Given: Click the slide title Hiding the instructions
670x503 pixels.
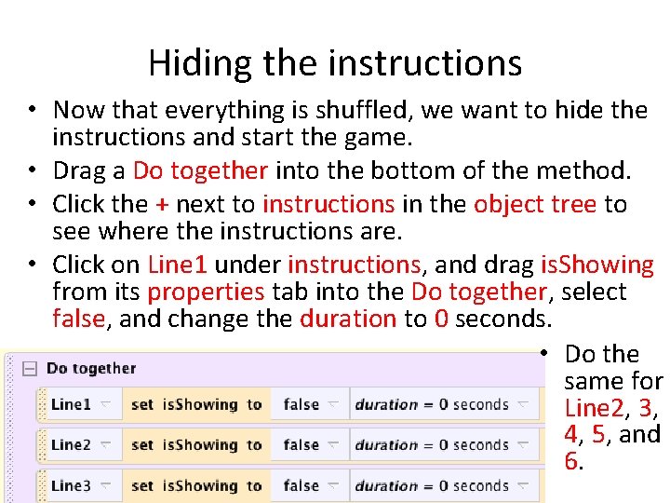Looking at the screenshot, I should (334, 63).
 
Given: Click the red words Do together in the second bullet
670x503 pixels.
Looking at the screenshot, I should (200, 171).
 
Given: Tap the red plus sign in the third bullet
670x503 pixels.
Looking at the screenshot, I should (162, 204).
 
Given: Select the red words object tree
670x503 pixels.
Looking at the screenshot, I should (535, 204).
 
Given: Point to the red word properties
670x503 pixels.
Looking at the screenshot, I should (206, 292).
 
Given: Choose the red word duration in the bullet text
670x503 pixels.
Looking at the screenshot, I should (348, 319).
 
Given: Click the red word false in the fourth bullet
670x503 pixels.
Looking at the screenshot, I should (78, 319).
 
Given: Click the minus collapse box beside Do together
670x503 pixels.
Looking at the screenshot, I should (30, 369).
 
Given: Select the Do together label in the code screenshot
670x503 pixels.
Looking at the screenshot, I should (91, 369).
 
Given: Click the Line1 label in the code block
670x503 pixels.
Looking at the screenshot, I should (71, 404).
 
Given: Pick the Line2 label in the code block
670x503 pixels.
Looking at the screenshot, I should (71, 445).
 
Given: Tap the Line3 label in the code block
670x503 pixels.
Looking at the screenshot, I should (71, 485).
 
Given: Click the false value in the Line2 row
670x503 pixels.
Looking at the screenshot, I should (301, 445).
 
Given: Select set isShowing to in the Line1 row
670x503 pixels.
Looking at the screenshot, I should (196, 404).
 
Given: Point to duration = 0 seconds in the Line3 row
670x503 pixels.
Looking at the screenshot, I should (432, 485).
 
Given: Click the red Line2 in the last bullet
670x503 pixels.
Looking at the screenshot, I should (588, 408).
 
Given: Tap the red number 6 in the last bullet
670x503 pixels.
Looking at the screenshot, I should (570, 461).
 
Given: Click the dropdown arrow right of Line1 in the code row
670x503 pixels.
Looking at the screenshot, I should (106, 404).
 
